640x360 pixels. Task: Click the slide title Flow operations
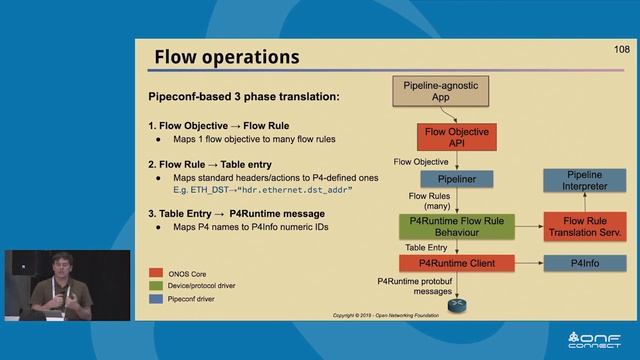click(x=226, y=57)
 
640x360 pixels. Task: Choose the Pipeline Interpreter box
click(x=584, y=181)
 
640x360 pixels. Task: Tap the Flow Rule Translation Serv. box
click(x=584, y=226)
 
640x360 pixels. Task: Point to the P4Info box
click(x=584, y=263)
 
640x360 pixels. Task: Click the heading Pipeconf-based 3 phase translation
click(x=244, y=97)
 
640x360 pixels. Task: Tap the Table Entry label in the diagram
click(x=426, y=246)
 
